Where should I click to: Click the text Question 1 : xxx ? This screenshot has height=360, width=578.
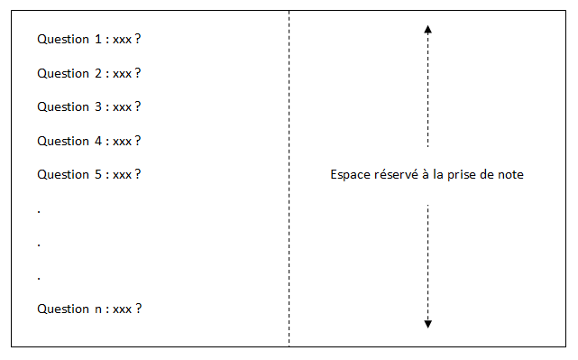(89, 40)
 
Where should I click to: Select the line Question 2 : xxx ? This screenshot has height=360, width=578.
(89, 73)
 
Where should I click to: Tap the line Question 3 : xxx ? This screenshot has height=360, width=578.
(89, 106)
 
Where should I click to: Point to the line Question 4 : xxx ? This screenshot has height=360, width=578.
(89, 141)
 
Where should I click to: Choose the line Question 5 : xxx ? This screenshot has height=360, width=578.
(89, 174)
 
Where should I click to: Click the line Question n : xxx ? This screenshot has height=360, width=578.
(89, 309)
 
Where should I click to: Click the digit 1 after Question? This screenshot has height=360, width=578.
(97, 40)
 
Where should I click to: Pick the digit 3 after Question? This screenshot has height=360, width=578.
(97, 106)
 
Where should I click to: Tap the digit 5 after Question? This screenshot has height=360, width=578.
(97, 174)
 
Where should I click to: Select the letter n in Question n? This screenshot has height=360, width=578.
(97, 309)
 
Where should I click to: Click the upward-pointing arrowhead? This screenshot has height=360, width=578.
(427, 30)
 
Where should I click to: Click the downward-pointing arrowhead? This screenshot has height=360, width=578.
(427, 323)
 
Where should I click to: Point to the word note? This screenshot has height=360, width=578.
(509, 175)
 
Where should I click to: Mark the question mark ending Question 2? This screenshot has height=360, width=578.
(138, 73)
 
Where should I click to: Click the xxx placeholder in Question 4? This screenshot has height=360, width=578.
(123, 142)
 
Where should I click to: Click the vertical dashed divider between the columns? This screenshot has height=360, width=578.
(289, 180)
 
